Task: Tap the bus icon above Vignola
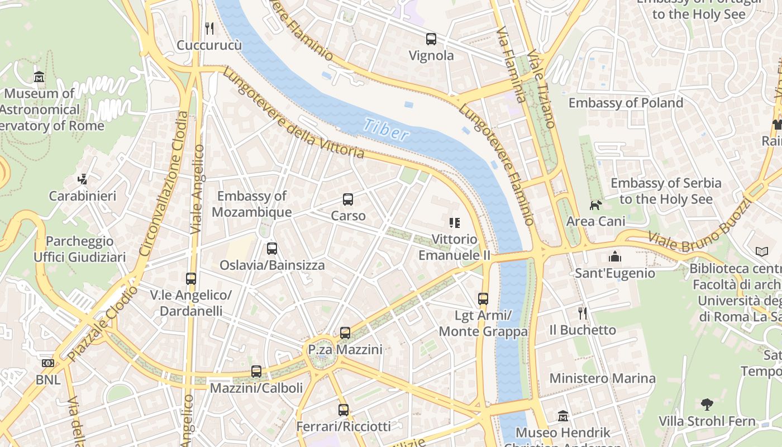431,39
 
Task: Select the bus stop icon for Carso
348,199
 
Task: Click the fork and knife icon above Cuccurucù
209,28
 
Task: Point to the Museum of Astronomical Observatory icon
39,77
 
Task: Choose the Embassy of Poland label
626,103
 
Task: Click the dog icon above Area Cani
596,205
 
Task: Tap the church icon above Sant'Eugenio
615,256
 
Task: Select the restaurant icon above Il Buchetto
583,313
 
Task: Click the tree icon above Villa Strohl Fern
707,404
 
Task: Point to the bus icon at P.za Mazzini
345,333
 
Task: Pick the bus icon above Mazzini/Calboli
256,371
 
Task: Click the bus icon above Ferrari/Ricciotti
344,410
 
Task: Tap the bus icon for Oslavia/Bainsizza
272,249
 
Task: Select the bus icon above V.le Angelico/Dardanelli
191,278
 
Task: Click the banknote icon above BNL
48,363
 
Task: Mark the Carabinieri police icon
83,179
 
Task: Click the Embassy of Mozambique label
251,204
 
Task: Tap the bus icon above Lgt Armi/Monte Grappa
483,299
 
